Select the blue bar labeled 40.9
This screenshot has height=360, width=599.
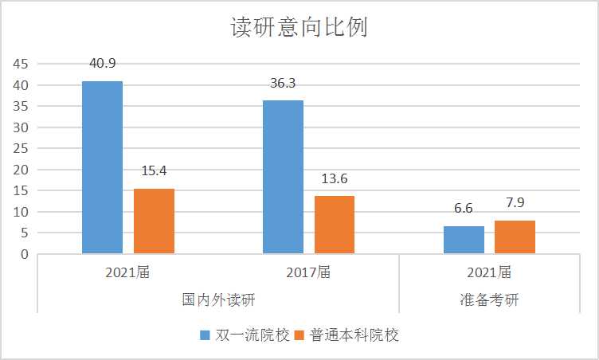102,167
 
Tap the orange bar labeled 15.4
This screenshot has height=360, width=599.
154,221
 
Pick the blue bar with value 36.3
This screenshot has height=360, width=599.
283,177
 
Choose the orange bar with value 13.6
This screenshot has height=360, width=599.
334,225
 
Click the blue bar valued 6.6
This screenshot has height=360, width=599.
464,240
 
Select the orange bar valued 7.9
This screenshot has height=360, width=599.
515,237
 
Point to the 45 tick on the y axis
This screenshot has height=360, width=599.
21,65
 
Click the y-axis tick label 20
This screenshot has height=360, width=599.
21,170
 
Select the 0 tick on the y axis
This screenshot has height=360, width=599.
25,254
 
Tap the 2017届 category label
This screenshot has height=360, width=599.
308,272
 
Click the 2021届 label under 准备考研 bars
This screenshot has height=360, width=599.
489,272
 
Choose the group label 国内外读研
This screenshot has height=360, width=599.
218,300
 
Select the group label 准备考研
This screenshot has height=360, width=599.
489,300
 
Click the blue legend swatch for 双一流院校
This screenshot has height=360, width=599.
205,335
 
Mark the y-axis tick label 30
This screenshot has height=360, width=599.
21,127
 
